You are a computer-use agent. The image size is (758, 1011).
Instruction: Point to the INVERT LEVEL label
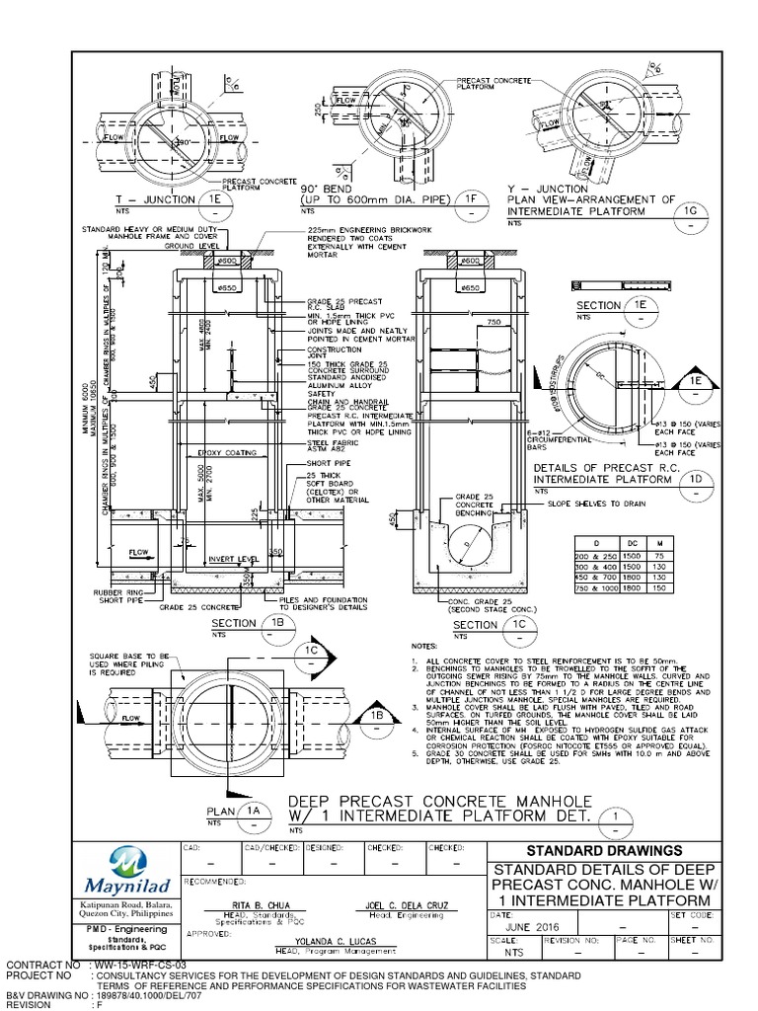pyautogui.click(x=234, y=560)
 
